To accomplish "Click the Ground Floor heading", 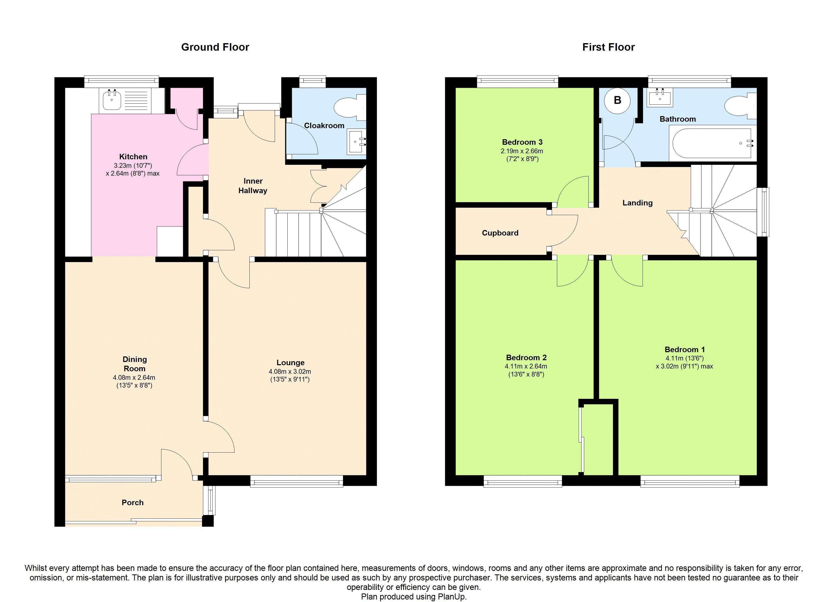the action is [215, 47].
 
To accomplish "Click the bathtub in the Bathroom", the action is [712, 143].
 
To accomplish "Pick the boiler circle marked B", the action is [617, 100].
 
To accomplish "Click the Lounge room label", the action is [290, 362].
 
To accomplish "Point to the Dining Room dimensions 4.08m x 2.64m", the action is [134, 378].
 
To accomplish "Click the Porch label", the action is [132, 502].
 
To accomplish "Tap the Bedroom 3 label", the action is [522, 142].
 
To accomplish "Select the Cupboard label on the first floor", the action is [500, 233].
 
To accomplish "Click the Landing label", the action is [637, 203].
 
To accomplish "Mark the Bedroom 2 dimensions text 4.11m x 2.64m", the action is [526, 366].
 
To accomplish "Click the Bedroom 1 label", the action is [684, 349].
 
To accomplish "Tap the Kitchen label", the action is [133, 157].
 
